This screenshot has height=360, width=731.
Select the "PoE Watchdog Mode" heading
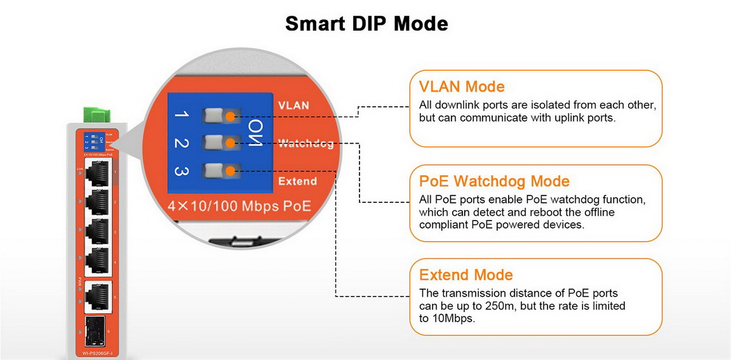point(495,181)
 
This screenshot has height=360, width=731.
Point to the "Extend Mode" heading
point(466,275)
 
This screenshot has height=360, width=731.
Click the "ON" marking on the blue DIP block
point(256,134)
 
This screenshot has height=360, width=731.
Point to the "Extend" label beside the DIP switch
point(297,182)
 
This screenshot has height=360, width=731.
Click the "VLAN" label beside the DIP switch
point(294,105)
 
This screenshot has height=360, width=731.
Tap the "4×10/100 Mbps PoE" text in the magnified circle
point(239,206)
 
